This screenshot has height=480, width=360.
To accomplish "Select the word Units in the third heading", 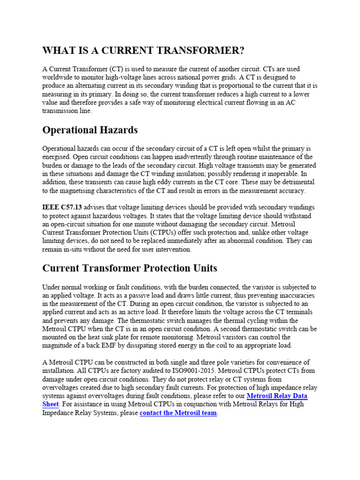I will tap(203, 268).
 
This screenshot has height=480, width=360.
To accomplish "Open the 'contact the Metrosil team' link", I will tap(178, 413).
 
